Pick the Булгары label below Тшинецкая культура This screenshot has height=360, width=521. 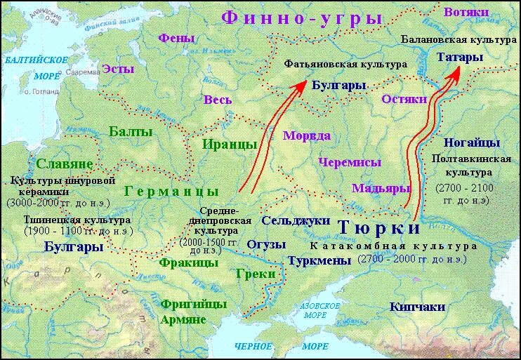(74, 246)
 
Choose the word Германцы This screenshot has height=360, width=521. (171, 191)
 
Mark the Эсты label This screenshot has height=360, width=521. (119, 69)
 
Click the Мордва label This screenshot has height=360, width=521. (306, 135)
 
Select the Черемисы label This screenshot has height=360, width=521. (350, 162)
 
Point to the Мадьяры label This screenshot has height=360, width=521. (381, 188)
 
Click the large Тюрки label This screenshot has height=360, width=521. (378, 228)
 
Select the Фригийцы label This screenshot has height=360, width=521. (183, 304)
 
